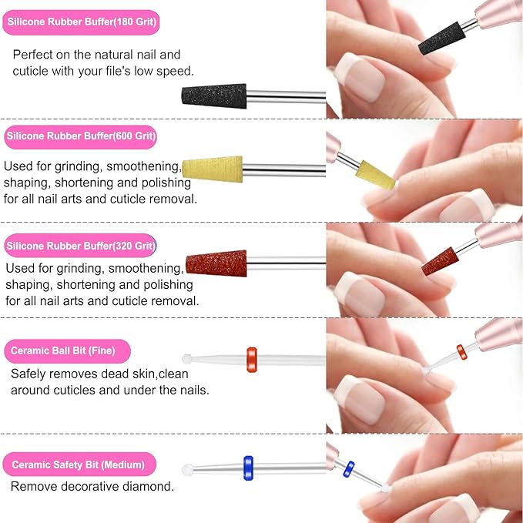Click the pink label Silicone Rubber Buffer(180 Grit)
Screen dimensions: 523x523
(81, 22)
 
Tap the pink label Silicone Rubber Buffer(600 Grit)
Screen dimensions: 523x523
(81, 138)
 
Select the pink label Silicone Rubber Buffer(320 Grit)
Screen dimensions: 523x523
(81, 246)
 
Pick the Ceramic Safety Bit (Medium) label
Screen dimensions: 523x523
(80, 464)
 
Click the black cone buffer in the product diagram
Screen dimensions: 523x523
(203, 96)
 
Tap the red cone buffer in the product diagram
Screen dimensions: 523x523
(216, 263)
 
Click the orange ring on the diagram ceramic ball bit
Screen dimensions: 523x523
(252, 358)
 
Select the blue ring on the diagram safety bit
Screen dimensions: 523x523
(248, 466)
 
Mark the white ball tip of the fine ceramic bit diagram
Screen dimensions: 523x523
(186, 359)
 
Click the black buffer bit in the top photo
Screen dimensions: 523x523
(439, 35)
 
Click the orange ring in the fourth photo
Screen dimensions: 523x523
(461, 351)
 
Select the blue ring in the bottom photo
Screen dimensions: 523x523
(349, 468)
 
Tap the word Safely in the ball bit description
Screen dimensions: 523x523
(30, 374)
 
